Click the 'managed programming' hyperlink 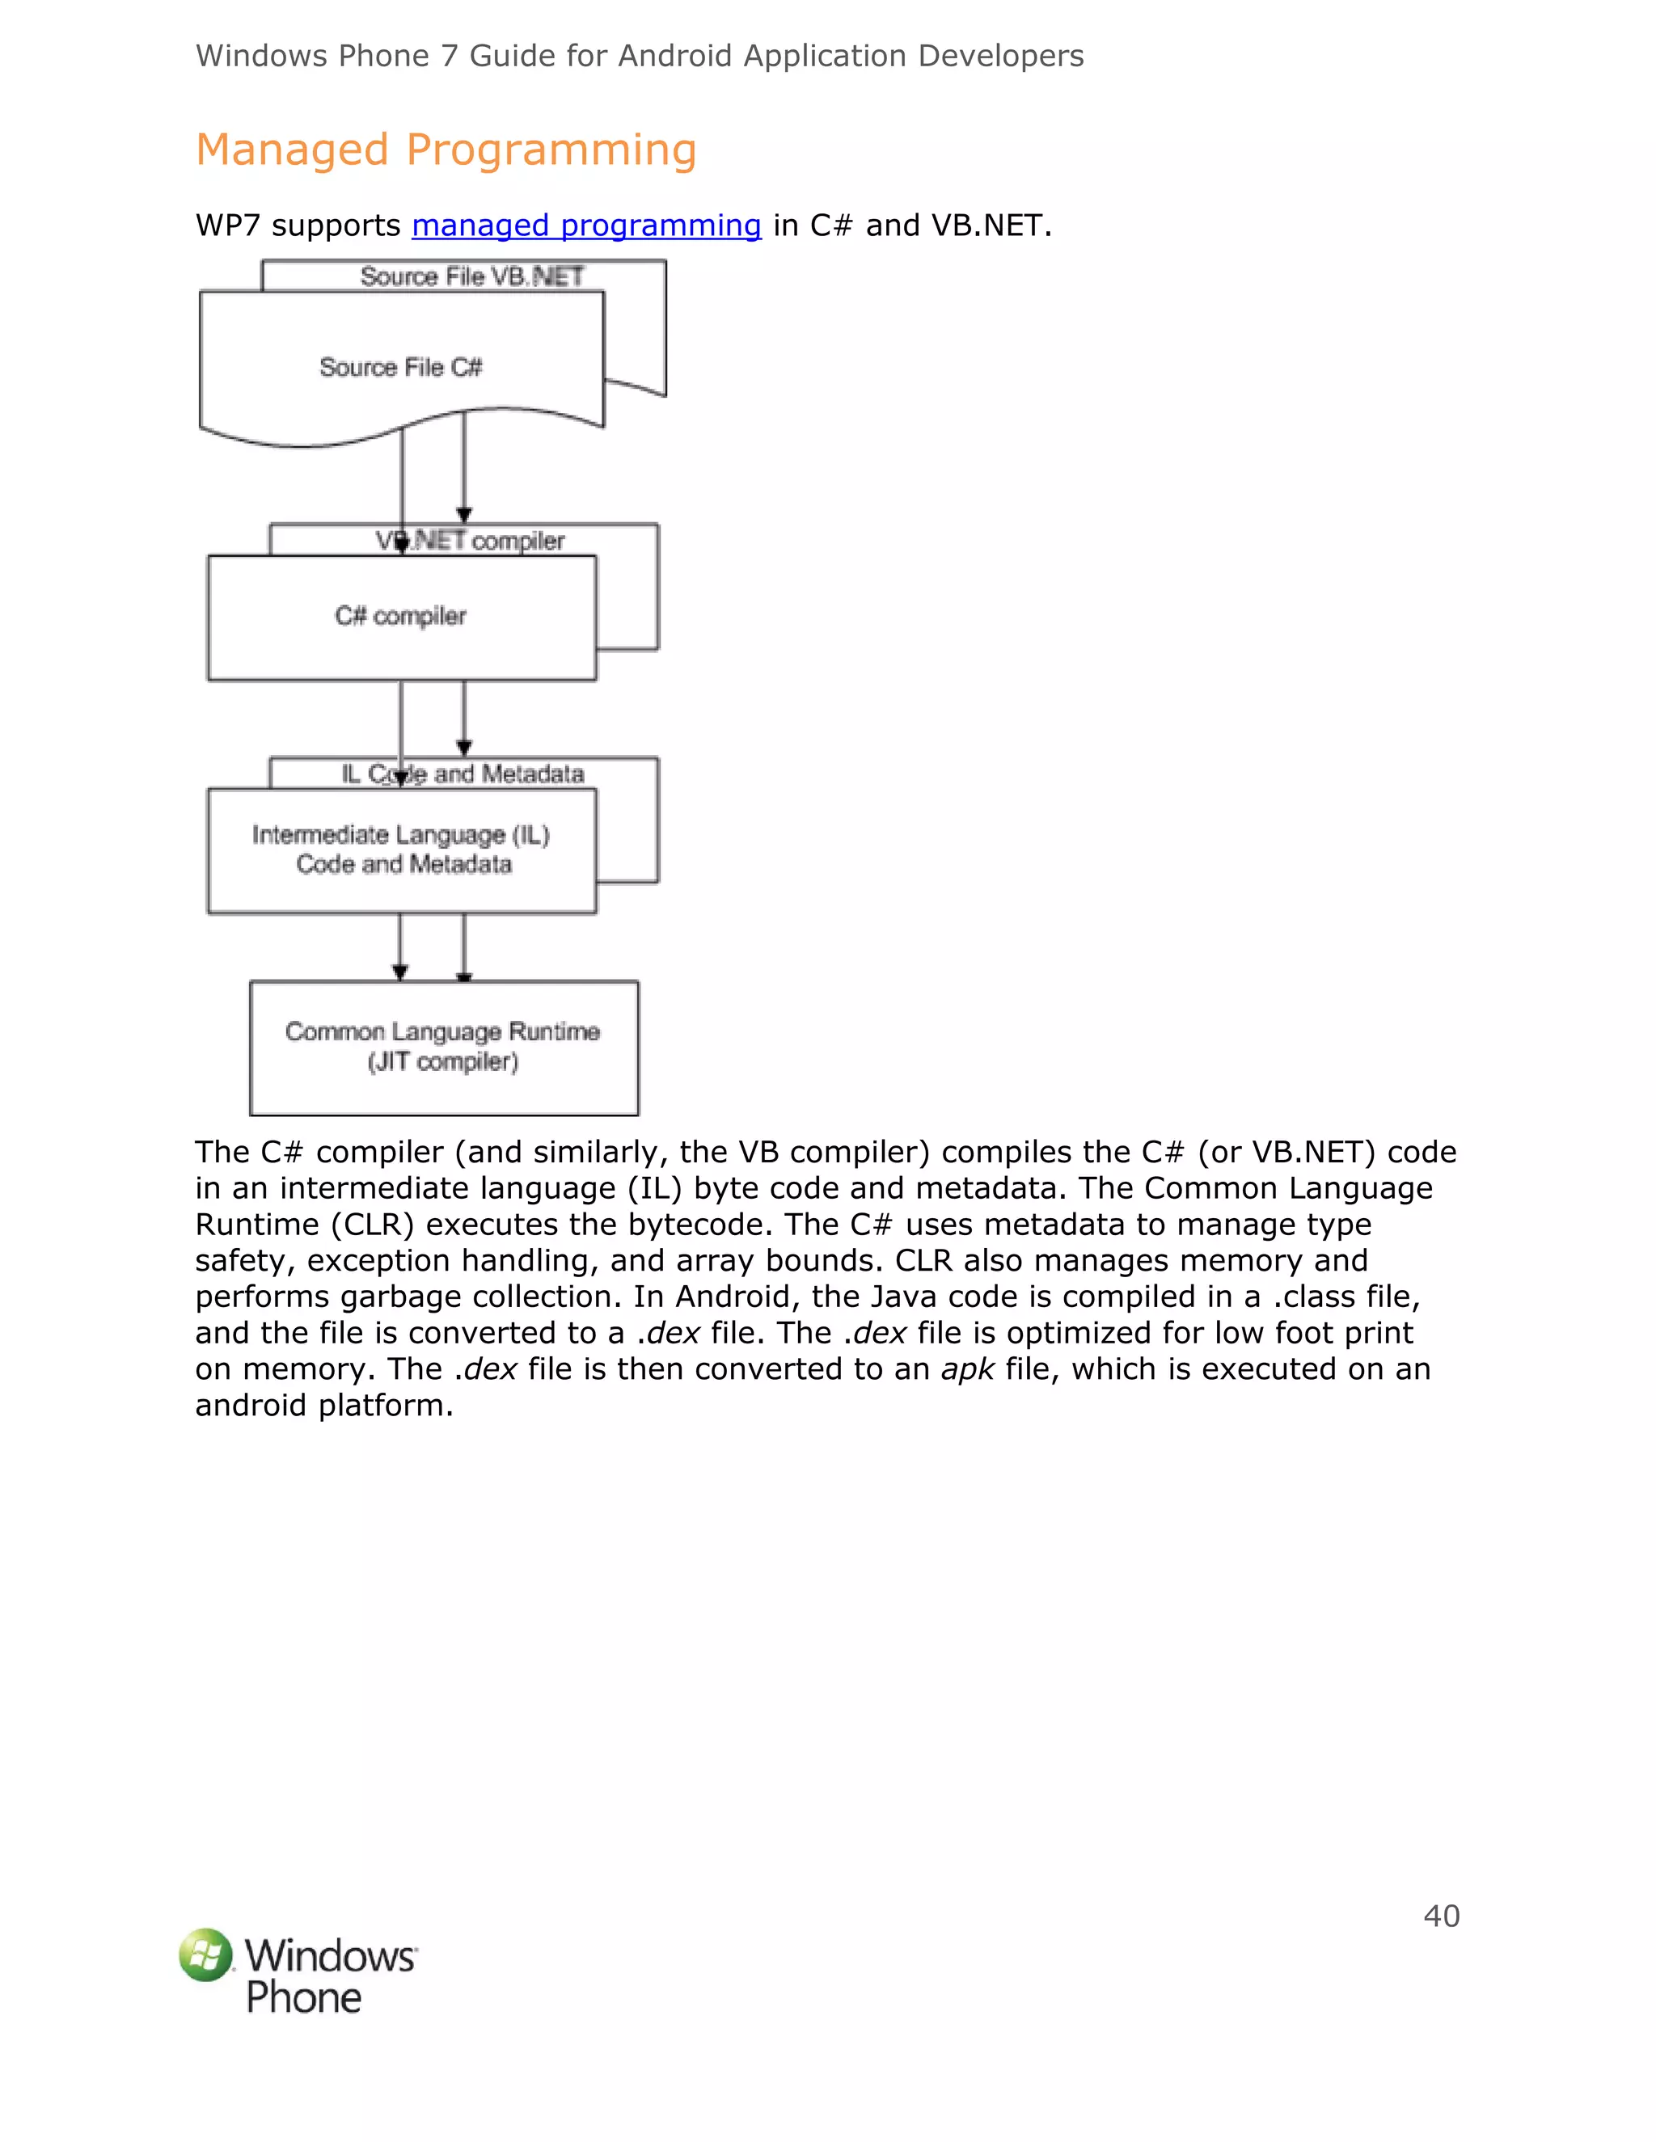point(585,226)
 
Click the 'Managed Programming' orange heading point(446,150)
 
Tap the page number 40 point(1441,1916)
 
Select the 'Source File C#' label point(400,367)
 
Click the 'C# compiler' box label point(400,616)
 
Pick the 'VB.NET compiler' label point(471,541)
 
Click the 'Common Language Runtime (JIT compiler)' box point(443,1047)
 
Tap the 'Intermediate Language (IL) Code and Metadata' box point(402,850)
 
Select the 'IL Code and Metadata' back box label point(463,774)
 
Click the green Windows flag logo point(206,1954)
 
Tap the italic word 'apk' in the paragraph point(967,1369)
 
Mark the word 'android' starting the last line point(251,1406)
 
